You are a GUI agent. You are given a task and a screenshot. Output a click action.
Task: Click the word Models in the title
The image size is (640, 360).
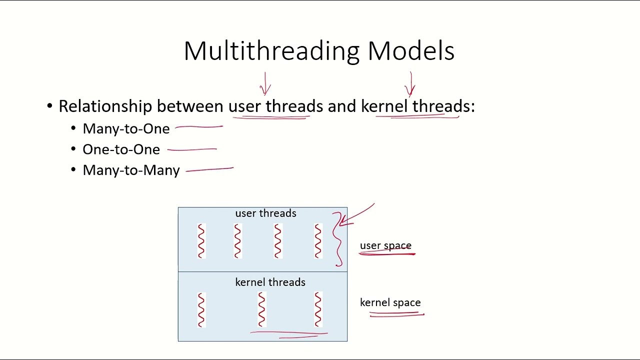tap(410, 51)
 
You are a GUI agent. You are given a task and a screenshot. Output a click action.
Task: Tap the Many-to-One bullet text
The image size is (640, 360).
tap(126, 129)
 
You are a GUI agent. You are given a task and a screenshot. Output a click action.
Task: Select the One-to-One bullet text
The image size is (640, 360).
tap(121, 149)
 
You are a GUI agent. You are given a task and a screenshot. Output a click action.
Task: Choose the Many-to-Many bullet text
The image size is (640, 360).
tap(131, 170)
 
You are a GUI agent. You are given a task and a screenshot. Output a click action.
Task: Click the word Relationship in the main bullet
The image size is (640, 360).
tap(105, 106)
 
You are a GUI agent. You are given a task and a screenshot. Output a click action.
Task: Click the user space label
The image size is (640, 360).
tap(385, 245)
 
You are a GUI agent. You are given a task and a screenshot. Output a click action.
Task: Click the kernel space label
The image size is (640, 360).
tap(390, 302)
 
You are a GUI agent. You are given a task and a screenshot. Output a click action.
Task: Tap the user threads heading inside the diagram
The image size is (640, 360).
tap(265, 213)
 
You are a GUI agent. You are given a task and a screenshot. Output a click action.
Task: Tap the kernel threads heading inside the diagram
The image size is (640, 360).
tap(270, 282)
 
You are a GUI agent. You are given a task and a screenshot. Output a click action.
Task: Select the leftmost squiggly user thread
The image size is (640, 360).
tap(201, 241)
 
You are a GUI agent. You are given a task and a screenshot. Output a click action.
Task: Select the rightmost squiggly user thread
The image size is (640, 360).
tap(318, 241)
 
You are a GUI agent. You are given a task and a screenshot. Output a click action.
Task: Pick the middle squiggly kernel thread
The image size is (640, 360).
tap(261, 309)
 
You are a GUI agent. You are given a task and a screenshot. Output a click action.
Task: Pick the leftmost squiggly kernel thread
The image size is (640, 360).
tap(201, 309)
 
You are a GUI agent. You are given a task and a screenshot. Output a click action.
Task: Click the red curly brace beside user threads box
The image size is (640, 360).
tap(339, 240)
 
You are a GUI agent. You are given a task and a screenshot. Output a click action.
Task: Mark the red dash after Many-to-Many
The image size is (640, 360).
tap(209, 170)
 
